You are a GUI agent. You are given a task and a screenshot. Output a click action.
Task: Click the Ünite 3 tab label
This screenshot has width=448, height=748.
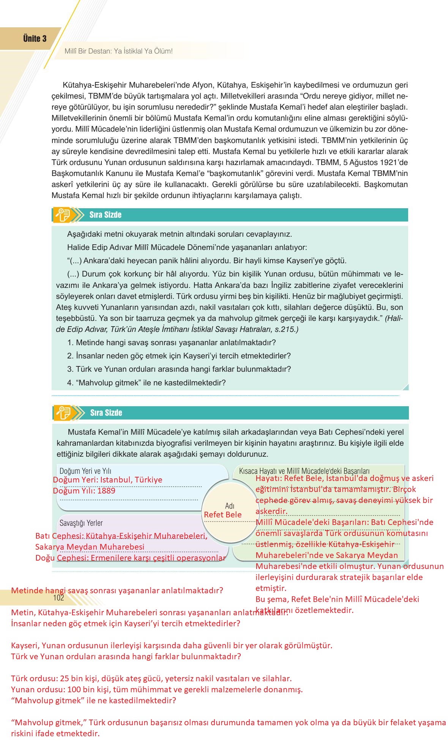click(35, 38)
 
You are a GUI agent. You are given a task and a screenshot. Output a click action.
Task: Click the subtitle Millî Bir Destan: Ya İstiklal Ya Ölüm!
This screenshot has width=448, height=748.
click(118, 51)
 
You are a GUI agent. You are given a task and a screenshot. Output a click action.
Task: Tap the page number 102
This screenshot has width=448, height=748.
click(58, 598)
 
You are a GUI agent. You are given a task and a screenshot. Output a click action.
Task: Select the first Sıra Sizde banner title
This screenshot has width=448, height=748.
click(105, 215)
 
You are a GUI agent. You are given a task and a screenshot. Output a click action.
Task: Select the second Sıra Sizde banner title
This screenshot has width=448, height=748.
click(106, 413)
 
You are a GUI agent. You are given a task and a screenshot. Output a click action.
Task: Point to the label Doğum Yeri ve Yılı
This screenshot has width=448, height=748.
click(85, 471)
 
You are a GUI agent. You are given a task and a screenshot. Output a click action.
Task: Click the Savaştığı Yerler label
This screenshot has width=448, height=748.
click(81, 523)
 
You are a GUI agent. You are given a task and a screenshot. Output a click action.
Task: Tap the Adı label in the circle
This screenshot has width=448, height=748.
click(230, 506)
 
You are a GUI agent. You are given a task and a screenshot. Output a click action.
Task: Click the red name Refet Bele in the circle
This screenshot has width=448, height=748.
click(223, 515)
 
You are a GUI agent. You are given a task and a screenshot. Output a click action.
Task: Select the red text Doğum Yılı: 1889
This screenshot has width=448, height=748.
click(84, 491)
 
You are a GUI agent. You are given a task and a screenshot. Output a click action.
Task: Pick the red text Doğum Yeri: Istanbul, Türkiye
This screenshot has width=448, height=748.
click(107, 480)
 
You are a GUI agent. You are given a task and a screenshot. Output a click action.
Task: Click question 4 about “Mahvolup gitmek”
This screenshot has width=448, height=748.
click(147, 383)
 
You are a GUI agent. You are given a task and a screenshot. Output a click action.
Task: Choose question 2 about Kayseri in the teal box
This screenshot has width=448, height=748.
click(179, 356)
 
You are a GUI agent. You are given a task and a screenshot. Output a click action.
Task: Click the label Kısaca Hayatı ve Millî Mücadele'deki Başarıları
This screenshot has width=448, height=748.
click(304, 471)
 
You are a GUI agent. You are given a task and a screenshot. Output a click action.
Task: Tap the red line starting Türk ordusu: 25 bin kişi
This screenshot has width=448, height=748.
click(151, 678)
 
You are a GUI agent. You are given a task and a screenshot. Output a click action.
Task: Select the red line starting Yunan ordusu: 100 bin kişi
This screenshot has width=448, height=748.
click(157, 689)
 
